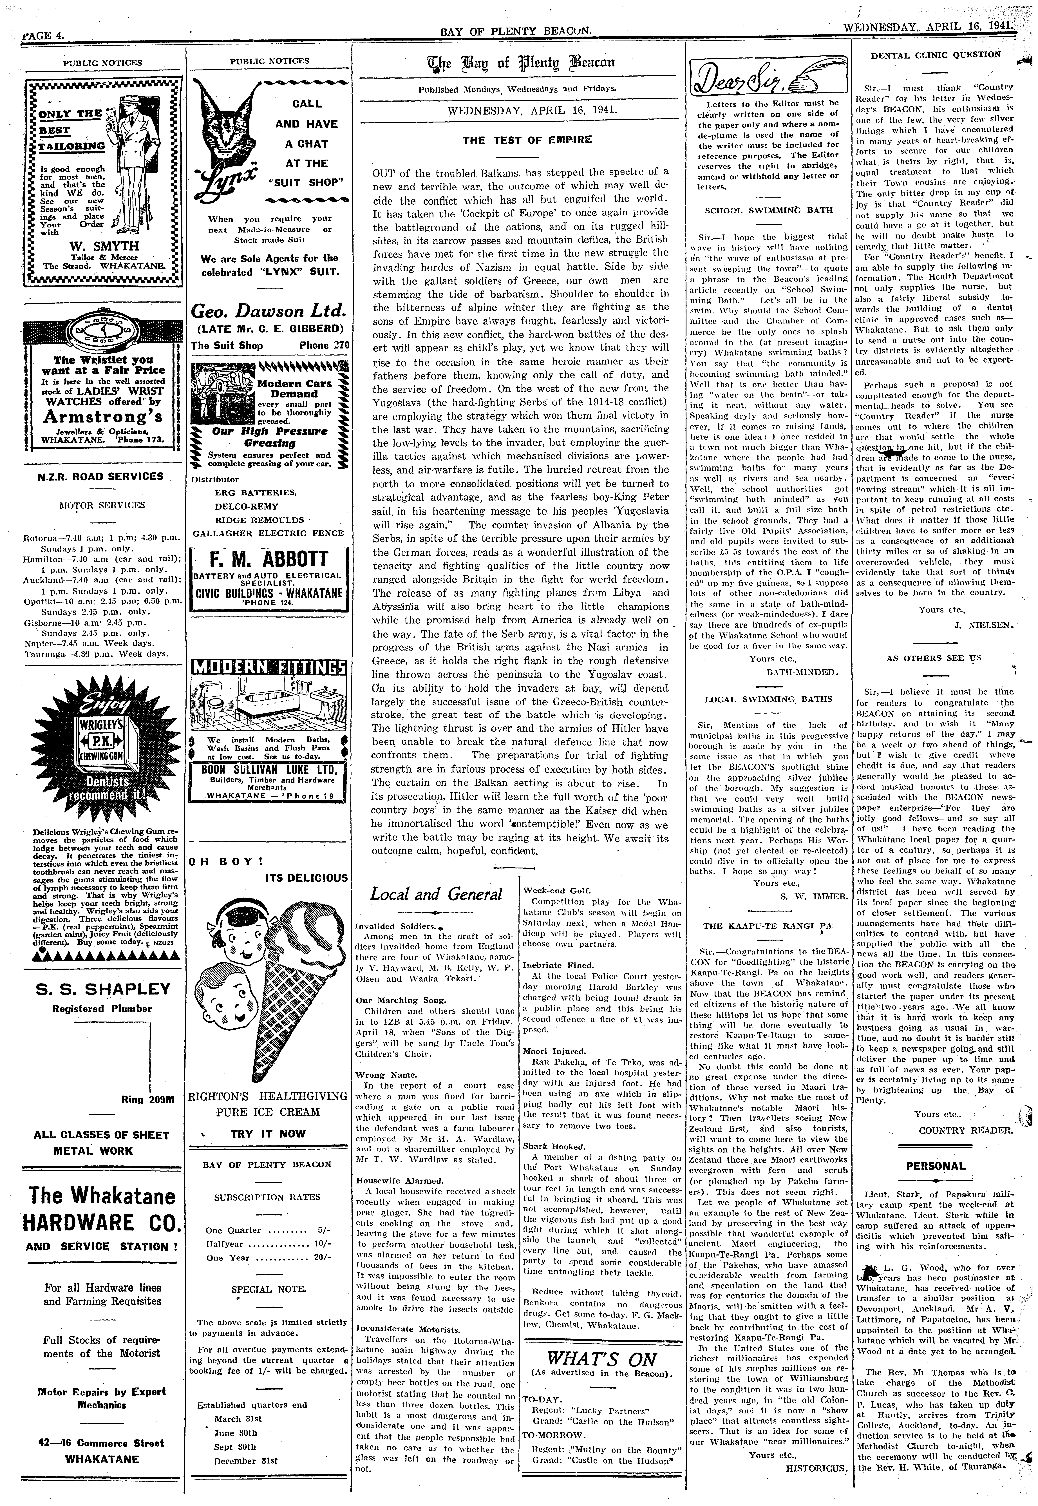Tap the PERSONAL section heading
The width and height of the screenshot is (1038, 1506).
pyautogui.click(x=936, y=1166)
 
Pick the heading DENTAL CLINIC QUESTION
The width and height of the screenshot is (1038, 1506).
pyautogui.click(x=936, y=55)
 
